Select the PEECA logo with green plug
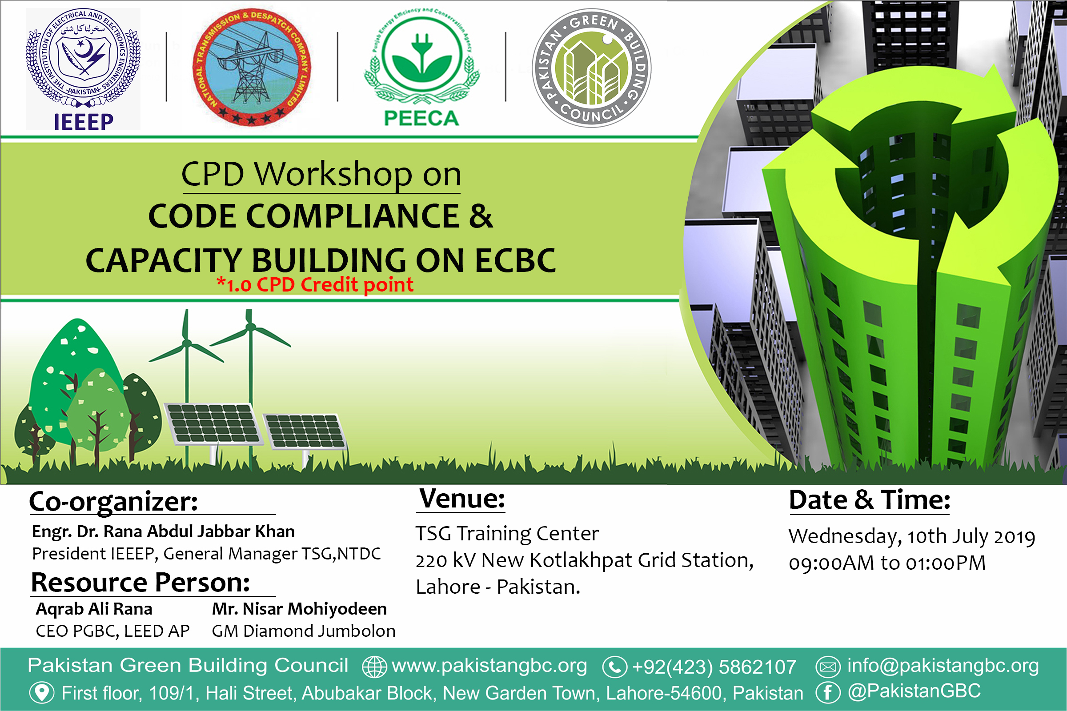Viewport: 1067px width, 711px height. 421,68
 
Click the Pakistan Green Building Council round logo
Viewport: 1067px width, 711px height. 592,68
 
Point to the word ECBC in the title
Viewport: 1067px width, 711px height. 515,261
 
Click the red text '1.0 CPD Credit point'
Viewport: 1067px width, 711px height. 316,285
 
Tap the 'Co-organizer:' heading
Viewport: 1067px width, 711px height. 113,502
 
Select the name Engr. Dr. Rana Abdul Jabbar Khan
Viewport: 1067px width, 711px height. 163,531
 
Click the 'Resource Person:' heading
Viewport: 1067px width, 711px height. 140,583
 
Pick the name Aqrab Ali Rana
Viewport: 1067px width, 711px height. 94,609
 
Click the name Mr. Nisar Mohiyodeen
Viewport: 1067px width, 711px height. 299,609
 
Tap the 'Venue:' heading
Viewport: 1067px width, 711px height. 462,499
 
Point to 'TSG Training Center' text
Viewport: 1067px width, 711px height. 507,534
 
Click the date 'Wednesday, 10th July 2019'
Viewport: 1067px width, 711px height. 912,537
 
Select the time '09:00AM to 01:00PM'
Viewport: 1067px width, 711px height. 887,563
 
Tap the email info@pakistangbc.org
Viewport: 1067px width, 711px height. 943,666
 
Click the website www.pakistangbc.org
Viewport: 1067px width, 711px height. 489,666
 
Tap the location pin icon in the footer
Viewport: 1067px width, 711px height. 42,693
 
